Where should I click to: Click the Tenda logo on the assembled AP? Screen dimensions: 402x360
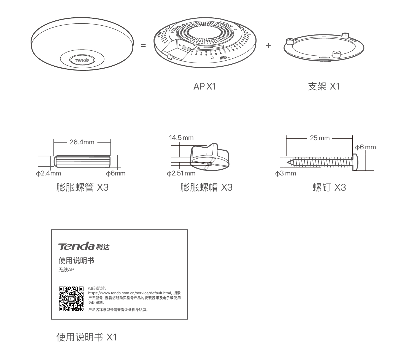[82, 60]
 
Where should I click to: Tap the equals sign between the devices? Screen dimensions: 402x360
[143, 46]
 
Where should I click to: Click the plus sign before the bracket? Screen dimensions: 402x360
[268, 46]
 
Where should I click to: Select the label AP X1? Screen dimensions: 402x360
[205, 86]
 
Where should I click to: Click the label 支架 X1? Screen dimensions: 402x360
[324, 86]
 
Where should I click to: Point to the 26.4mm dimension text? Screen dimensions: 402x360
[82, 142]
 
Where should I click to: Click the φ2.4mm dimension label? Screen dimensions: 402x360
[48, 173]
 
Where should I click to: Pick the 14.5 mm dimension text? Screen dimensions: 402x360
[181, 138]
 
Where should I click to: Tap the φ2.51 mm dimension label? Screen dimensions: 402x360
[181, 173]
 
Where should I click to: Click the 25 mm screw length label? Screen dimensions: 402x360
[320, 138]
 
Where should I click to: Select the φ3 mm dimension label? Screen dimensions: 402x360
[285, 173]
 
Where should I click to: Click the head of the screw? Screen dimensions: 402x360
[355, 162]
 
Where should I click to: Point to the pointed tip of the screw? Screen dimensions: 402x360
[287, 163]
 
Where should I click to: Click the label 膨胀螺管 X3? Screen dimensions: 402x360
[82, 187]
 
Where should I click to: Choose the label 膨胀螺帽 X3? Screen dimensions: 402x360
[206, 187]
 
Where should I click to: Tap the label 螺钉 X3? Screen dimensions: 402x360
[329, 187]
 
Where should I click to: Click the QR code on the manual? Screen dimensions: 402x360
[71, 299]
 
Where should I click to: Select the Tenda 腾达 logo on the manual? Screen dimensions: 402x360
[84, 246]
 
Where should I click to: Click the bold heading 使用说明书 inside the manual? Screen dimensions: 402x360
[76, 261]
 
